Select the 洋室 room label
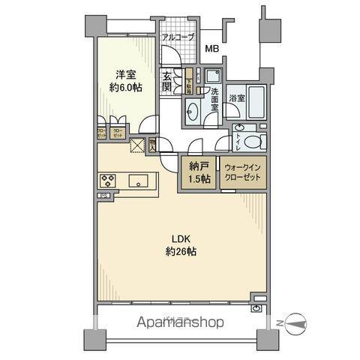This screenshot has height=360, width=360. tap(124, 73)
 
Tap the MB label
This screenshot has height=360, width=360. tap(213, 49)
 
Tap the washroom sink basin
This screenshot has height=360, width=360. tap(192, 111)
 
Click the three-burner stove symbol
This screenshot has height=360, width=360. tap(107, 180)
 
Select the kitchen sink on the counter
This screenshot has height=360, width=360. tap(140, 180)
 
